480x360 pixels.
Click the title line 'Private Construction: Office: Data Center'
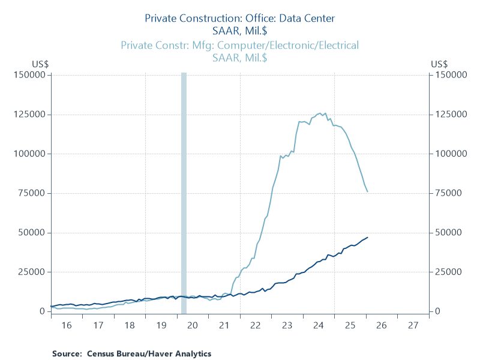240,19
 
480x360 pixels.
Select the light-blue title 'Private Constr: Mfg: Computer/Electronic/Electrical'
240,45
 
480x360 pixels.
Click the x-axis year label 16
67,325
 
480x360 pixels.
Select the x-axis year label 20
193,325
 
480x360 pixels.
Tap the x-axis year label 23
287,325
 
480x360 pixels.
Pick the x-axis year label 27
413,325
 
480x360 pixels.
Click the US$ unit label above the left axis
40,64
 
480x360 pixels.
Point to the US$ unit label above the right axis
440,64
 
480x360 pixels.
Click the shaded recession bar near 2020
184,192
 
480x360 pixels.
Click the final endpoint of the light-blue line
367,192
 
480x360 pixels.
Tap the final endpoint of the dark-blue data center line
367,238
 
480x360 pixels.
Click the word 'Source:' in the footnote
67,353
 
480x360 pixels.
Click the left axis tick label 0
43,311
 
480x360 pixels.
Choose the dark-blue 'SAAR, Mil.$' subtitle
240,31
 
